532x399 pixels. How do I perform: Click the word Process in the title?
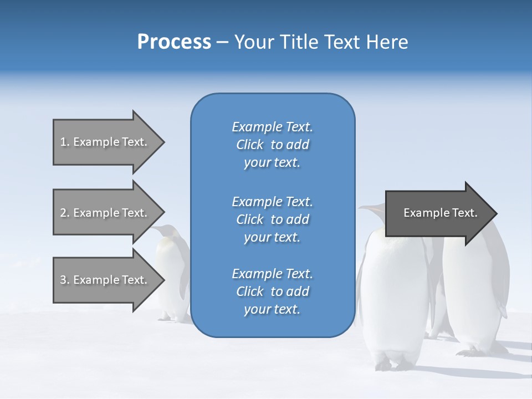click(x=174, y=42)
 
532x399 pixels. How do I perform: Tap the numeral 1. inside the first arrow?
click(x=65, y=142)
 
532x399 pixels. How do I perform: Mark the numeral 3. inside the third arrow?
click(x=65, y=280)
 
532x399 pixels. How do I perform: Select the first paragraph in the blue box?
click(x=272, y=145)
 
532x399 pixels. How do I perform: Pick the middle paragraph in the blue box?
click(x=272, y=219)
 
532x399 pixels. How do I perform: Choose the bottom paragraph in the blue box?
click(x=272, y=291)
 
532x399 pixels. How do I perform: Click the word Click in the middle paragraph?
click(x=250, y=219)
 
